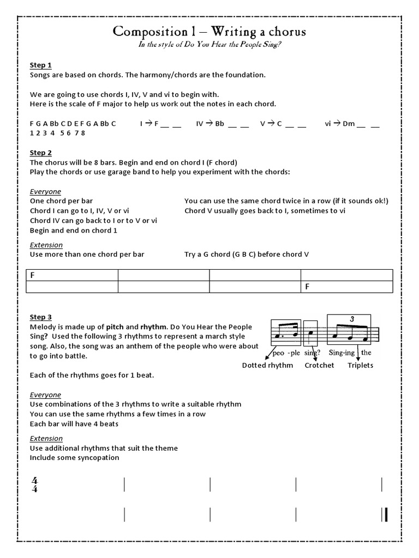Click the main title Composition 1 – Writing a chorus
coord(209,32)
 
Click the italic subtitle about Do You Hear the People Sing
coord(209,45)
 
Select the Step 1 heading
coord(40,65)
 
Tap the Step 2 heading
coord(40,153)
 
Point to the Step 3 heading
coord(40,317)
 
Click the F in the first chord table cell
coord(32,275)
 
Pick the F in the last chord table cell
coord(307,287)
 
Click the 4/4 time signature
coord(35,484)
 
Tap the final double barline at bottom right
coord(385,514)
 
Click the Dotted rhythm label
coord(267,365)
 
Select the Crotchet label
coord(319,365)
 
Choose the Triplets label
coord(360,365)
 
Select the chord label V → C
coord(271,124)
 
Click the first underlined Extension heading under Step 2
coord(46,245)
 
